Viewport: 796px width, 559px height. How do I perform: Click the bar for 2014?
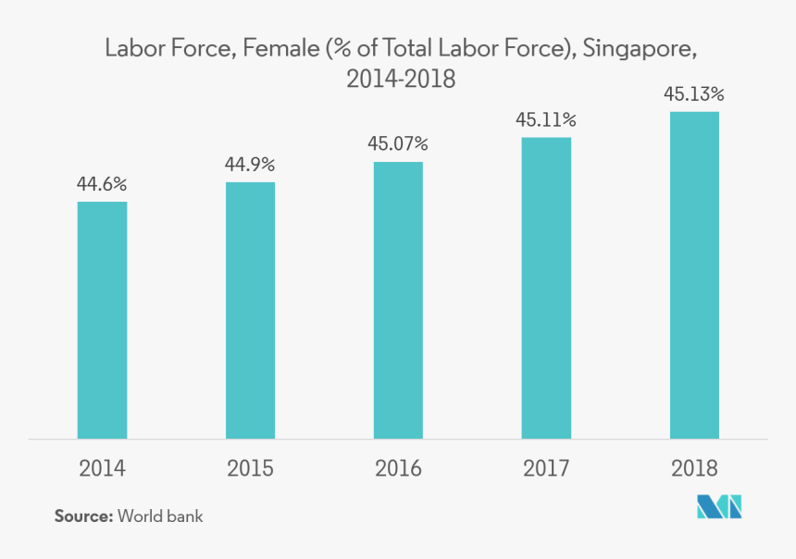tap(102, 319)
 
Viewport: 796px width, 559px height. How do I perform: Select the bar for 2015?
tap(250, 310)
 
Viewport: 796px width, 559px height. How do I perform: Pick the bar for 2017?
tap(546, 288)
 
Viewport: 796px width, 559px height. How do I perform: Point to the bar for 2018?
tap(694, 275)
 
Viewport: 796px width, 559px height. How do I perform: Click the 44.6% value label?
tap(102, 184)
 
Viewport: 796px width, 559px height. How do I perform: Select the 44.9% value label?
tap(250, 165)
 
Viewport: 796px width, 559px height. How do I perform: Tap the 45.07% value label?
tap(398, 143)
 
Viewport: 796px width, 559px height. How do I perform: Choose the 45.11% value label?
tap(546, 119)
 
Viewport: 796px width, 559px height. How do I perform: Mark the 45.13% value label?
tap(694, 94)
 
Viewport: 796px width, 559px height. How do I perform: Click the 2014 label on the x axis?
tap(102, 468)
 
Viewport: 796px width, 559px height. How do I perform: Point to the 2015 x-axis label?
tap(250, 468)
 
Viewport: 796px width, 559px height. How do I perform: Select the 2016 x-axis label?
tap(398, 468)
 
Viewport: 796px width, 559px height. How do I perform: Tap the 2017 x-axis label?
tap(546, 468)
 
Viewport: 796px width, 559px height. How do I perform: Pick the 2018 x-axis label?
tap(694, 468)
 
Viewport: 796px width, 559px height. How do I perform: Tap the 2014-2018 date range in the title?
tap(401, 80)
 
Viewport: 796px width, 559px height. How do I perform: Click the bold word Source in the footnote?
tap(83, 516)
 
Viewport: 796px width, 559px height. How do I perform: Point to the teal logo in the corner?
tap(720, 506)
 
